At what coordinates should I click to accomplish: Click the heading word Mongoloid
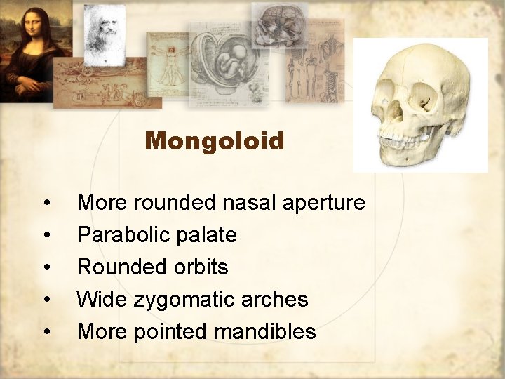(215, 142)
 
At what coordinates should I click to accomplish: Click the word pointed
(177, 332)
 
